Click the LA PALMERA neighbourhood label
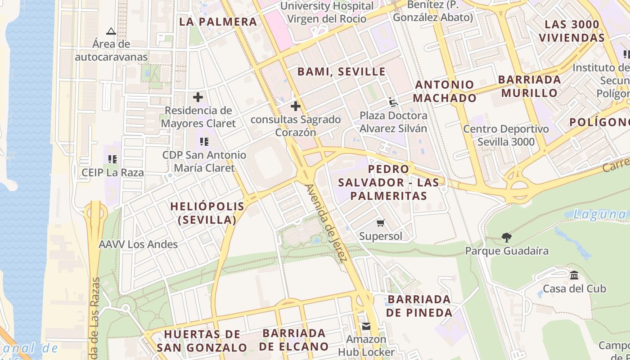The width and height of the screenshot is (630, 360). tap(218, 22)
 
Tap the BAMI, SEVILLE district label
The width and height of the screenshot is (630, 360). tap(342, 72)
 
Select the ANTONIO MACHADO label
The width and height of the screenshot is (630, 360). tap(445, 91)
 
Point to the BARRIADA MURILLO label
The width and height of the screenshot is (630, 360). tap(530, 86)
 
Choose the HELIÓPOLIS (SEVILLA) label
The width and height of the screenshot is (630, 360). tap(207, 213)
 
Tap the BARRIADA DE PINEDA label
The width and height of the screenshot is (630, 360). tap(419, 306)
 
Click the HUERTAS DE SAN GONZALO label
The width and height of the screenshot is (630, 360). tap(202, 341)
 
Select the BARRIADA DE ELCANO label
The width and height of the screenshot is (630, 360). tap(294, 340)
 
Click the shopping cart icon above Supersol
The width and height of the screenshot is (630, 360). tap(381, 223)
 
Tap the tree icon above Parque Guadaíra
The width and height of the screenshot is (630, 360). tap(507, 237)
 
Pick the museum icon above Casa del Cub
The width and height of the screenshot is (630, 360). tap(574, 275)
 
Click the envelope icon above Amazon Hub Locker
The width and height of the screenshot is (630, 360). tap(366, 326)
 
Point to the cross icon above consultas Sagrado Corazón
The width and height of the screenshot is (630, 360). tap(296, 106)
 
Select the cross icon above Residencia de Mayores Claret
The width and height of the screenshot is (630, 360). tap(198, 97)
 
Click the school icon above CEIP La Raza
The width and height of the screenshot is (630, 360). tap(112, 159)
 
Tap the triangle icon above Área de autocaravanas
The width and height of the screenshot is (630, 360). tap(111, 31)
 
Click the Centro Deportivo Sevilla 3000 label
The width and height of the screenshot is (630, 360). tap(506, 135)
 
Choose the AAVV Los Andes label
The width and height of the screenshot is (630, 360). tap(138, 245)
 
